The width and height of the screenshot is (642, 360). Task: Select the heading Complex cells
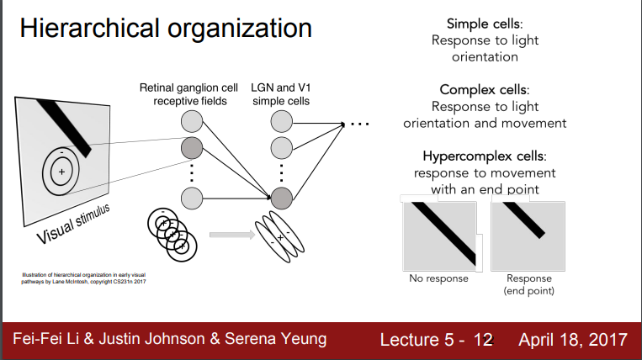[485, 89]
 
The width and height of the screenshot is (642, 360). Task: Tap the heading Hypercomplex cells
[484, 156]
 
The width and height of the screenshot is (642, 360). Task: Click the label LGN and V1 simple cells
[280, 94]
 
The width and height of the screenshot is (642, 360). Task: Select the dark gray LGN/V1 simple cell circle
[281, 199]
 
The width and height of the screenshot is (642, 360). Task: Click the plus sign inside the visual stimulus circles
[61, 171]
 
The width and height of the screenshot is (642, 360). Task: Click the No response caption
[439, 278]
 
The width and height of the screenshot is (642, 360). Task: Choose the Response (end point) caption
[528, 284]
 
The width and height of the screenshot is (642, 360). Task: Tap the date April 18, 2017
[572, 340]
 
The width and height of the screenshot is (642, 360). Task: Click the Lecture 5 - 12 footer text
[436, 340]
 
